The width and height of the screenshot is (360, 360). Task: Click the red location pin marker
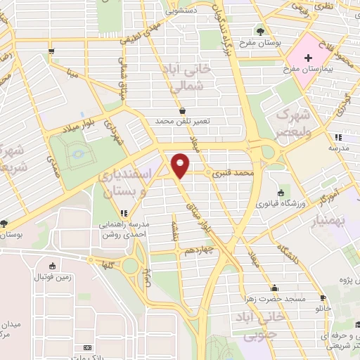pyautogui.click(x=181, y=165)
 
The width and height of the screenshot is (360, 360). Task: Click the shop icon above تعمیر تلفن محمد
pyautogui.click(x=182, y=110)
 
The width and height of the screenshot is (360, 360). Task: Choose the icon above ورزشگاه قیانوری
pyautogui.click(x=282, y=193)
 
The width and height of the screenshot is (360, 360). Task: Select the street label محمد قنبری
pyautogui.click(x=232, y=172)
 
